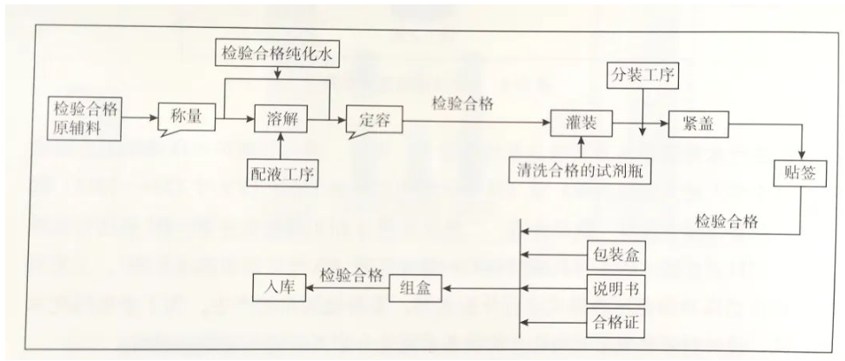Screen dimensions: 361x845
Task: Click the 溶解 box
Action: pos(277,119)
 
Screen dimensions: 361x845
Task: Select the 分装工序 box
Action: pos(642,77)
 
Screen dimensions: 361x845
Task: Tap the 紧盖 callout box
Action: pos(695,124)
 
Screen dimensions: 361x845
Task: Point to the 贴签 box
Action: pos(799,173)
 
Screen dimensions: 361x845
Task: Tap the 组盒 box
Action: pos(414,288)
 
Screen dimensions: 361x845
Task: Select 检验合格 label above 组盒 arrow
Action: pos(350,275)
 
